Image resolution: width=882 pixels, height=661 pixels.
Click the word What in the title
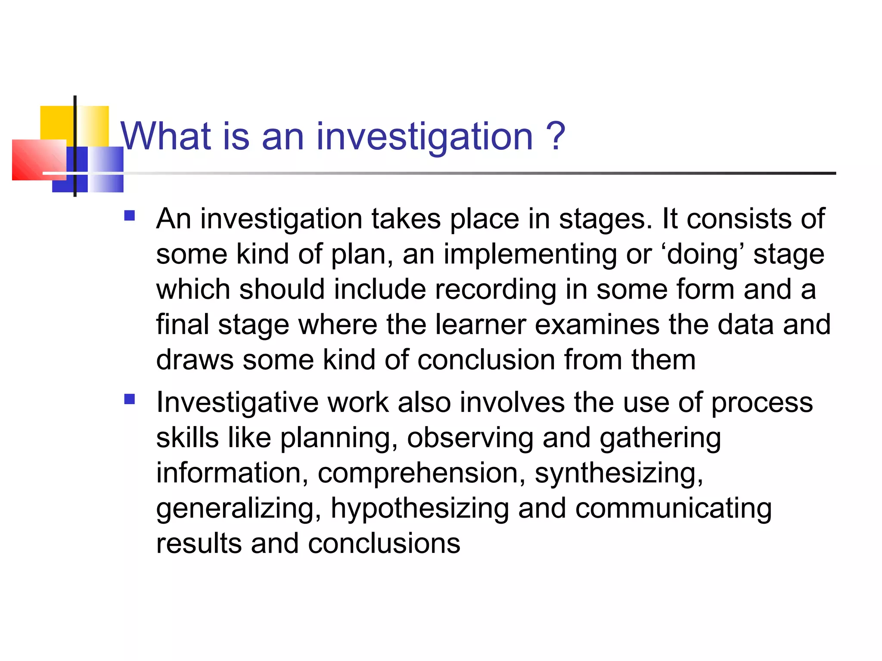166,136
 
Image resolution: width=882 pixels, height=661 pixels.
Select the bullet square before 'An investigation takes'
129,215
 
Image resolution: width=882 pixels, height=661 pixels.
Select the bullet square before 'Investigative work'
129,399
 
